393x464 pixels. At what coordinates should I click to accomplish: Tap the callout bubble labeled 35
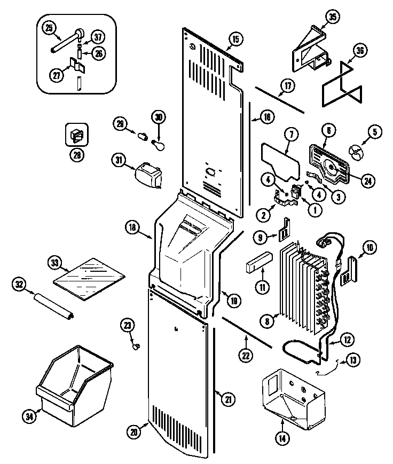(333, 17)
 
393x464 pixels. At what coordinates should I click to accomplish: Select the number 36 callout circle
(360, 51)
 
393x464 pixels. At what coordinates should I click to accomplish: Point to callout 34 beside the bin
(30, 414)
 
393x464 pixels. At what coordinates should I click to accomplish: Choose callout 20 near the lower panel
(135, 430)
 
